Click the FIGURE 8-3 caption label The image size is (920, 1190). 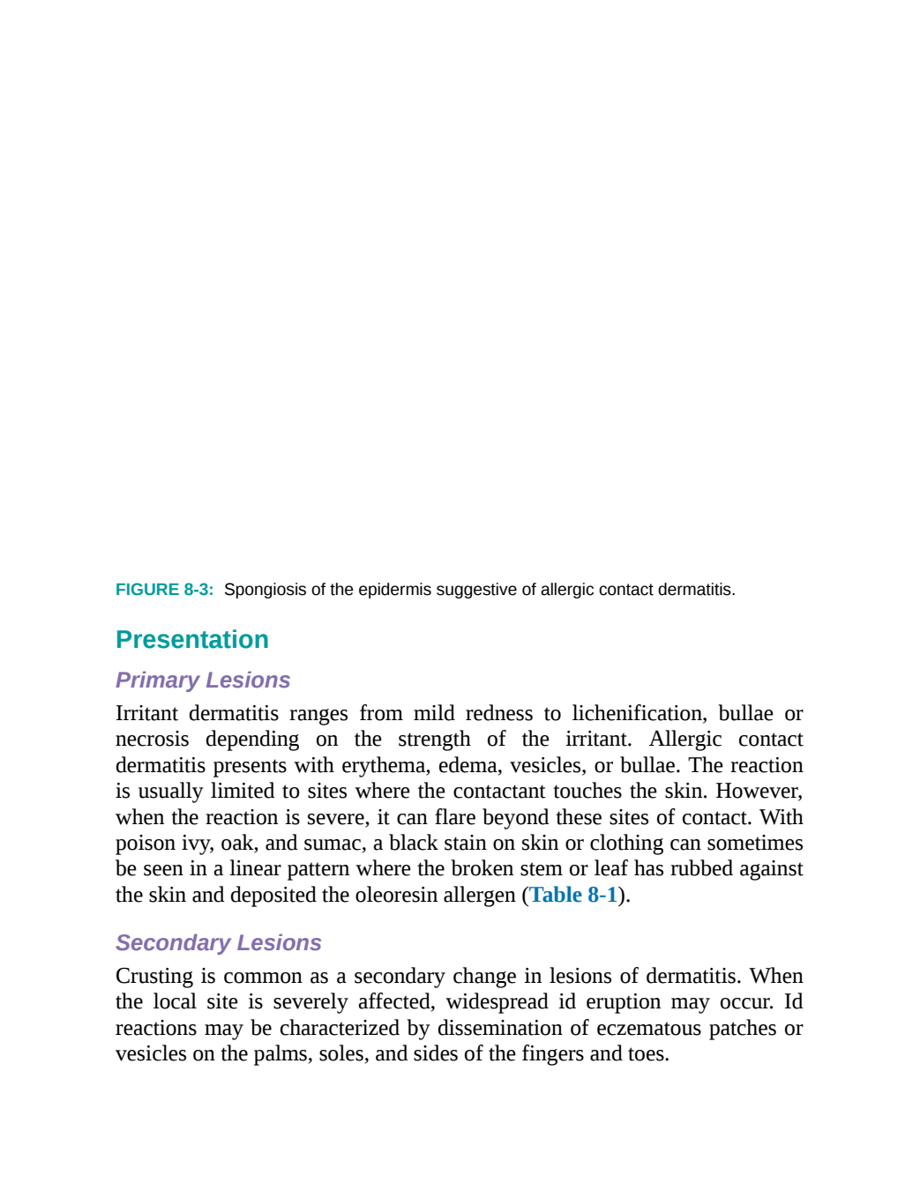[x=164, y=590]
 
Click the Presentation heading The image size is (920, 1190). [x=192, y=640]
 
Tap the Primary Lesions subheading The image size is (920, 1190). [x=203, y=681]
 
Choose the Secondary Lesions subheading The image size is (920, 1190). [x=218, y=943]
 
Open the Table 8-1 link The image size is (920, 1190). [x=573, y=895]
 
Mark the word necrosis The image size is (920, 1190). [x=153, y=740]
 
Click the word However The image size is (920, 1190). [x=759, y=792]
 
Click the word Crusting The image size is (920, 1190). [x=154, y=977]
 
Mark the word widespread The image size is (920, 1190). [x=497, y=1002]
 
